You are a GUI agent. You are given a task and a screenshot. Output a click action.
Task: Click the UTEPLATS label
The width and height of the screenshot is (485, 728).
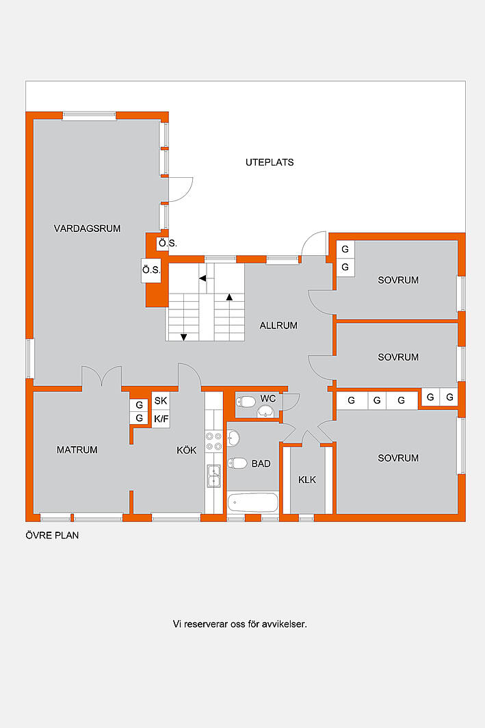pos(270,163)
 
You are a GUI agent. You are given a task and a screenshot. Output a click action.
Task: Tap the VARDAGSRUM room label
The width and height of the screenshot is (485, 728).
pos(88,229)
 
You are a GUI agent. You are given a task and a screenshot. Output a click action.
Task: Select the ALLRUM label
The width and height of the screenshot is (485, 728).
pos(278,326)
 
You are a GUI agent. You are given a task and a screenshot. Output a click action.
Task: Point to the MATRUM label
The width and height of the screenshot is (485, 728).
pos(77,450)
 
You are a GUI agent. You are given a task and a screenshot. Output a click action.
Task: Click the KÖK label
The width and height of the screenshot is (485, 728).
pos(187,450)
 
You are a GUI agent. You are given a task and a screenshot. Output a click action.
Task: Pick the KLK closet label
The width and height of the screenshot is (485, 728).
pos(306,480)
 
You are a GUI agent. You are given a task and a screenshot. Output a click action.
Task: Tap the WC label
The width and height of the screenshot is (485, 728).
pos(268,398)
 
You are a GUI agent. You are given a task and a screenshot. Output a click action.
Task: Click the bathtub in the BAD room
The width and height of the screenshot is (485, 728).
pos(253,502)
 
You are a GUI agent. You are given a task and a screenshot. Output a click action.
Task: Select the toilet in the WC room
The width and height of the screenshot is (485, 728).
pos(246,401)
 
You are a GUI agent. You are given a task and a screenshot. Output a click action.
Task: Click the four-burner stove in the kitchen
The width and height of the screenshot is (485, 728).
pos(214,441)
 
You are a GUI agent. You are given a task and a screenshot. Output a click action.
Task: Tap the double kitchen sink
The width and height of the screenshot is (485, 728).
pos(213,476)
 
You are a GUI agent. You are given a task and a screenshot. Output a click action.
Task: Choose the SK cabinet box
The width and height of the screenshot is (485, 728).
pos(161,401)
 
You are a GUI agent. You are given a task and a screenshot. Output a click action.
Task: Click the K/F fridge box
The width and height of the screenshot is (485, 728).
pos(161,419)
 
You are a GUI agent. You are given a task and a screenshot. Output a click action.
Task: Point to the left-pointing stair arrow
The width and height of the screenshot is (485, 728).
pos(202,278)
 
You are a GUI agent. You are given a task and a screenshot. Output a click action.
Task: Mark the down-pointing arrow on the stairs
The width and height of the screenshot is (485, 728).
pos(184,337)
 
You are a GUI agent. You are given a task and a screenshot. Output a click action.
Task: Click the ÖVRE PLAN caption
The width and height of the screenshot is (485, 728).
pos(52,535)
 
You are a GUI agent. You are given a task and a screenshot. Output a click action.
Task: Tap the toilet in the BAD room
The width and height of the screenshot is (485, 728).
pos(237,463)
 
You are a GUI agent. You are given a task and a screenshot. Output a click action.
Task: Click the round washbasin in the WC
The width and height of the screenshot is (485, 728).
pos(265,411)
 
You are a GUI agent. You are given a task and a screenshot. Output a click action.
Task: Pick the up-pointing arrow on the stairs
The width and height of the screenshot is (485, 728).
pos(229,297)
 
